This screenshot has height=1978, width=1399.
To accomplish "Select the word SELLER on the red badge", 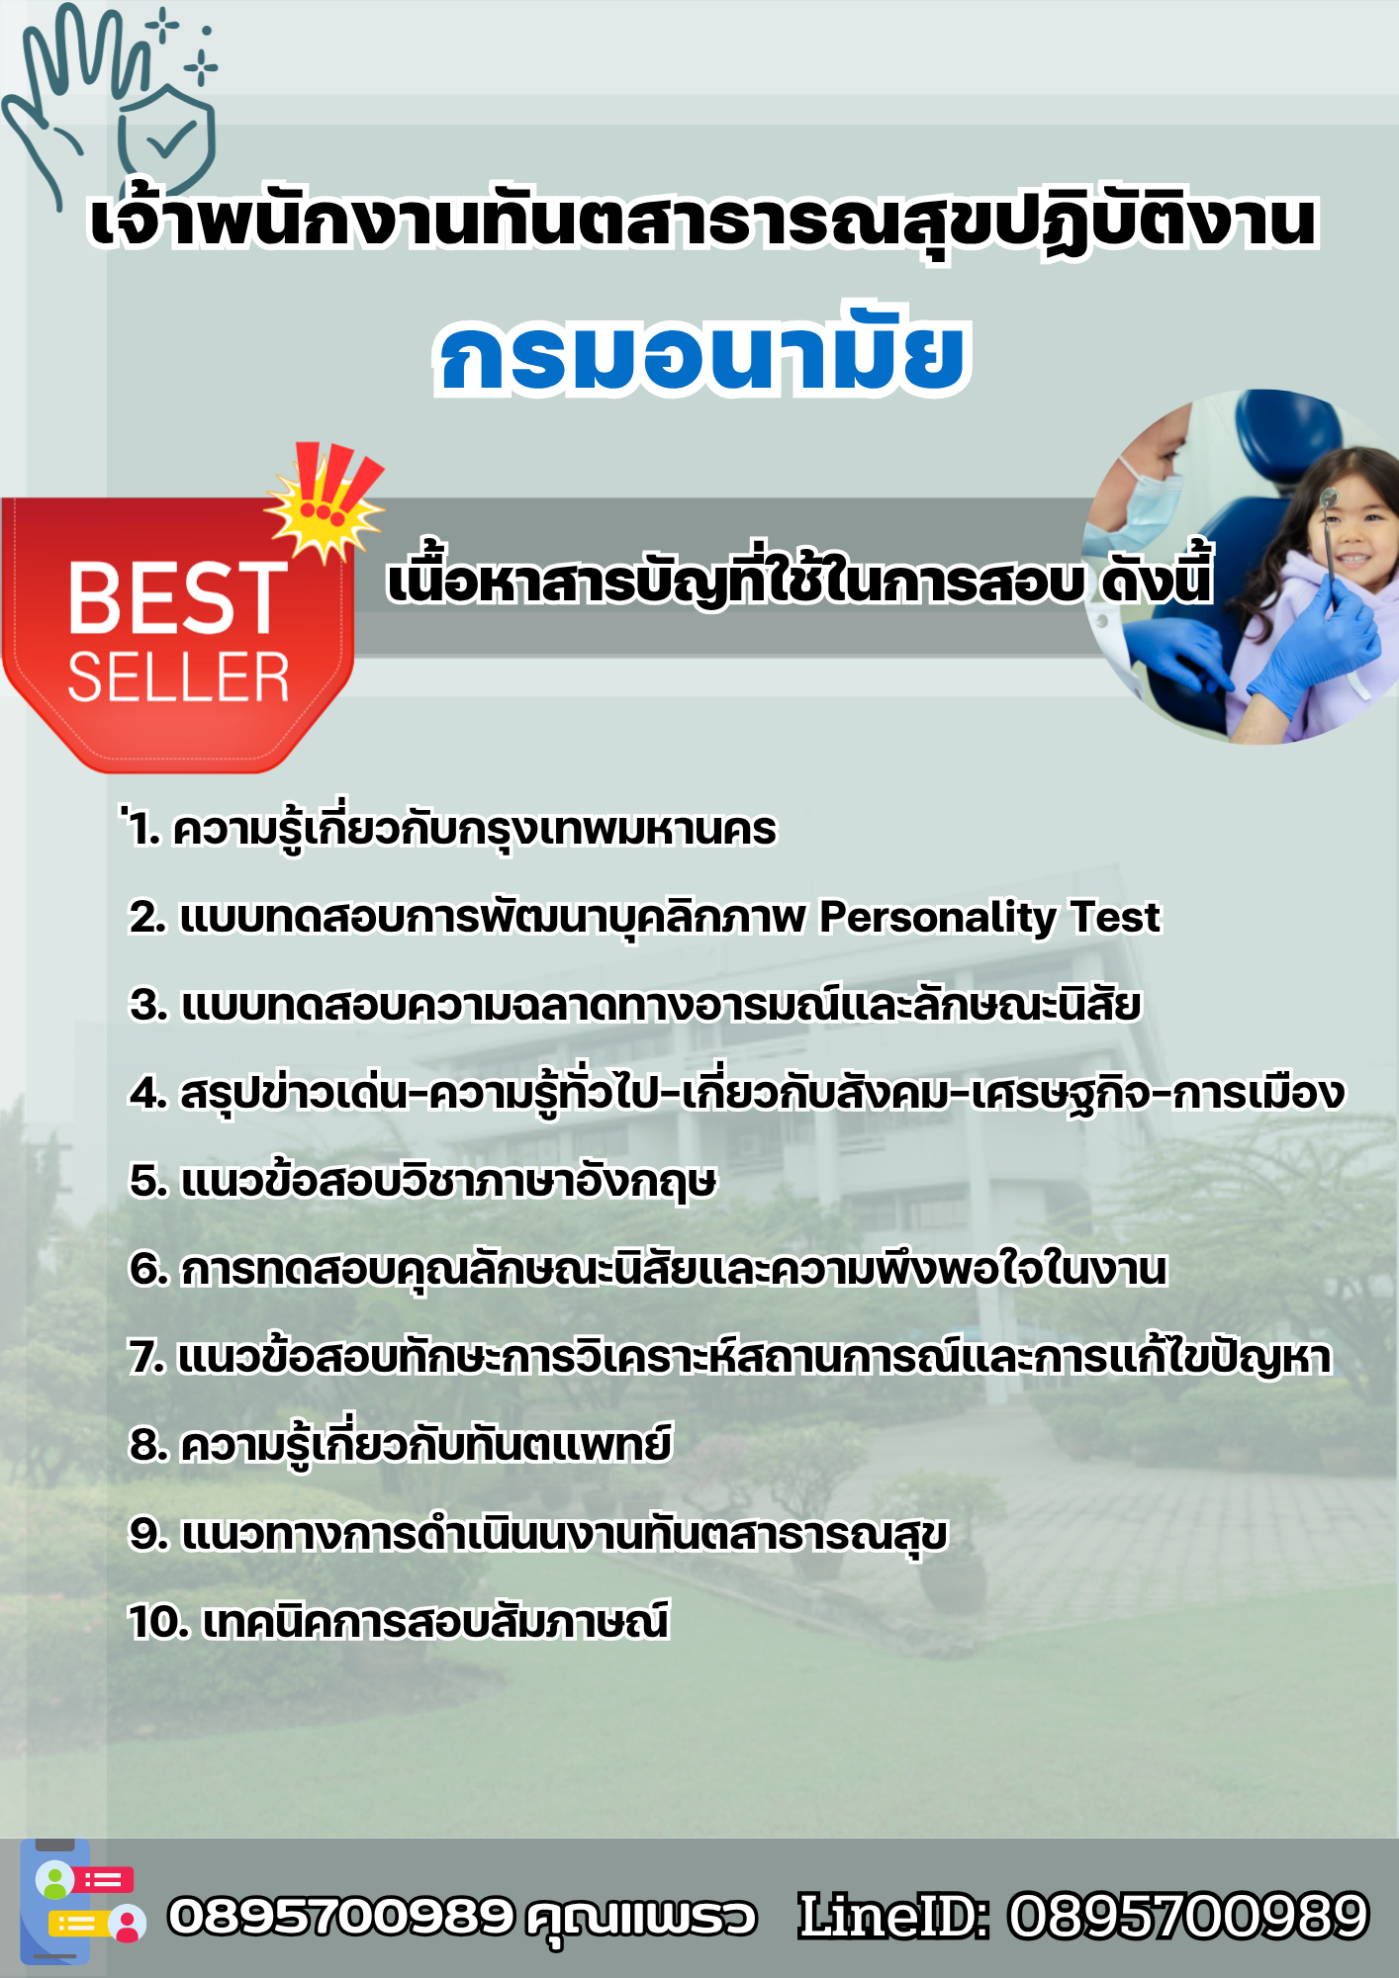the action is coord(178,677).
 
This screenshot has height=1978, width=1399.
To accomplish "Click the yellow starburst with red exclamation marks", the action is coord(326,499).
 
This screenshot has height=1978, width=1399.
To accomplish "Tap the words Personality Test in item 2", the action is coord(989,918).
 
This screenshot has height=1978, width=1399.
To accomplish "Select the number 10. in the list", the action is coord(159,1623).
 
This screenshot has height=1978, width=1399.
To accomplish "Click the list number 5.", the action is coord(147,1181).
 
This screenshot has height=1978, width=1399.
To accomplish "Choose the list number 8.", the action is coord(148,1446).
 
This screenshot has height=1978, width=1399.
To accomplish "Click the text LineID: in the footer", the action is coord(894,1917).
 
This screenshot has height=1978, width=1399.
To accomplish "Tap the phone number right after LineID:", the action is coord(1188,1917).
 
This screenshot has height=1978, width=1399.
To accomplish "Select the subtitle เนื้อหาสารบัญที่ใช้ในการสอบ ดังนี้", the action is coord(799,578).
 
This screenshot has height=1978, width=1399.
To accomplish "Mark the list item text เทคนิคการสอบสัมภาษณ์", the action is coord(436,1623).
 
